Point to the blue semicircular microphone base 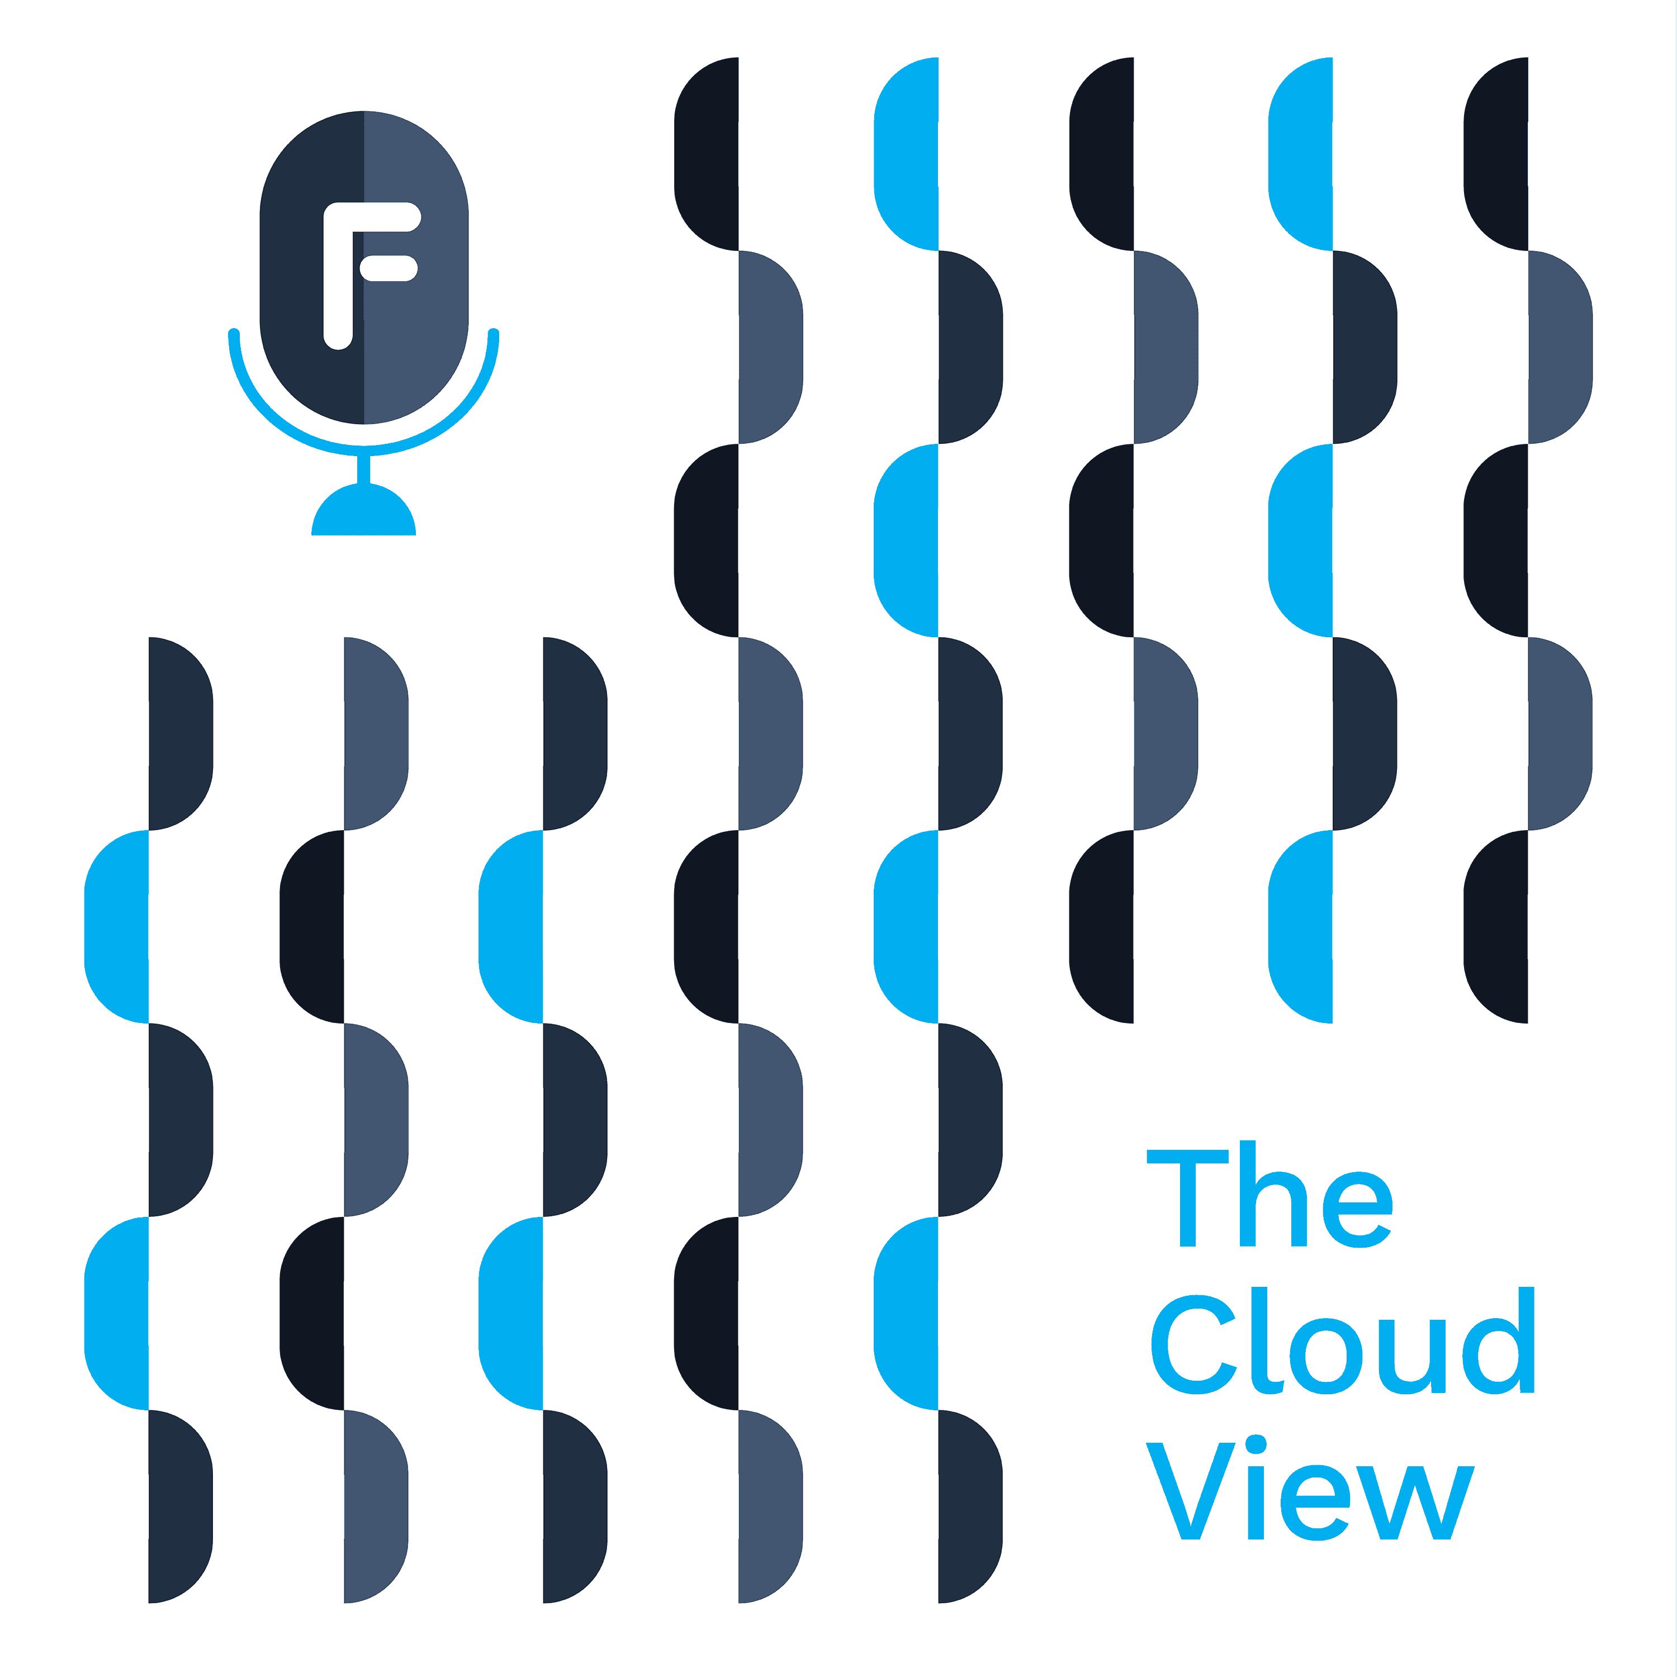click(x=364, y=514)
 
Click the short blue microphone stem click(x=364, y=469)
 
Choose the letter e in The click(x=1358, y=1210)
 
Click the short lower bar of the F click(x=389, y=269)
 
